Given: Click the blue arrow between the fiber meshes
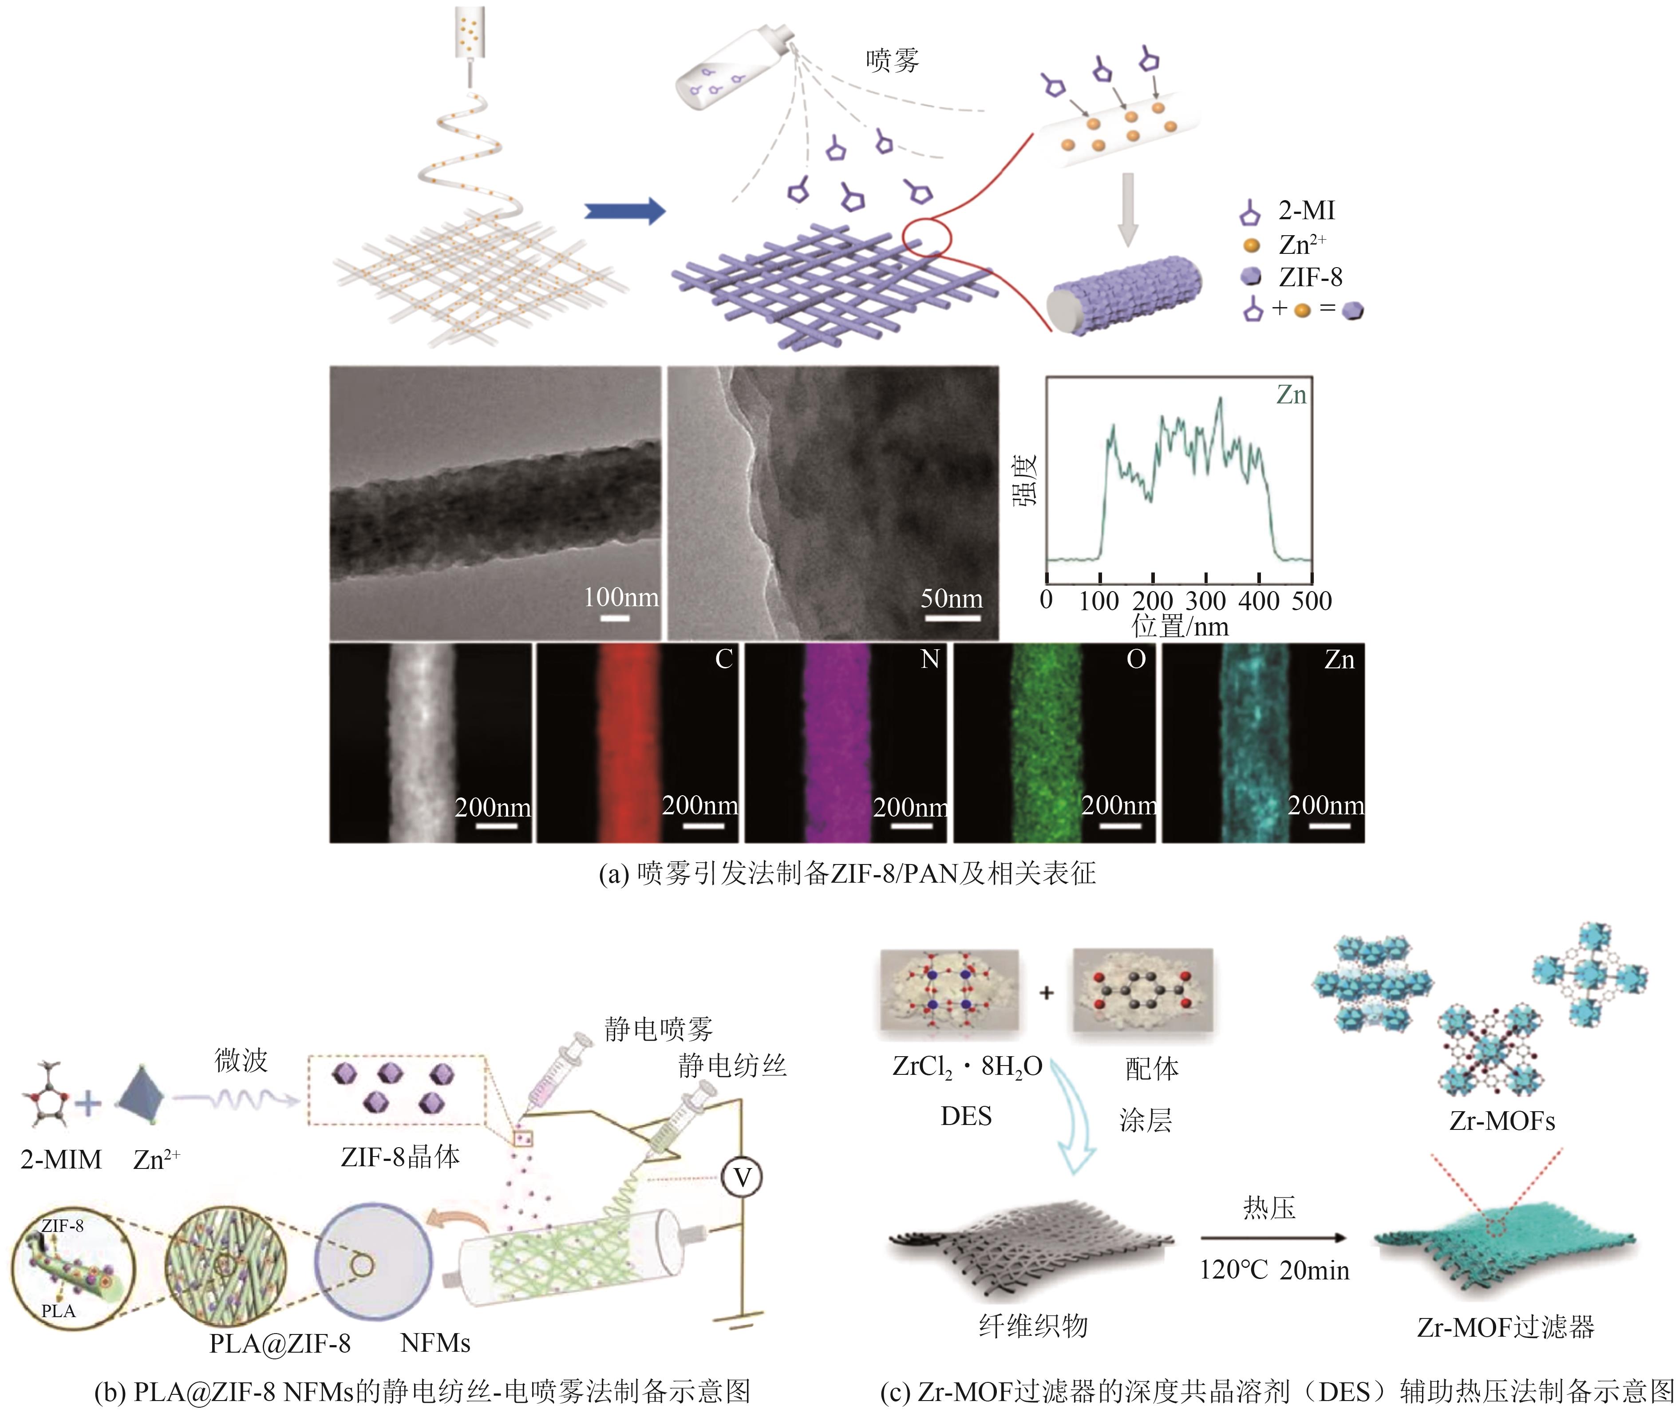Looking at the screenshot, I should point(625,211).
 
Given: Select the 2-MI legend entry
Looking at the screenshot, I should point(1306,211).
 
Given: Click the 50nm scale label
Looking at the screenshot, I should point(951,598).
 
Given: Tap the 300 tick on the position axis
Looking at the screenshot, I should point(1205,601).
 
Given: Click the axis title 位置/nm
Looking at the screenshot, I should point(1180,627).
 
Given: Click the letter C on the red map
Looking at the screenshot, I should point(723,659).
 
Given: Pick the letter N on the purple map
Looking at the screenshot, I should point(929,659).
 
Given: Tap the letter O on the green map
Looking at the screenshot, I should point(1136,659).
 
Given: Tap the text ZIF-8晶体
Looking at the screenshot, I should point(400,1156).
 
